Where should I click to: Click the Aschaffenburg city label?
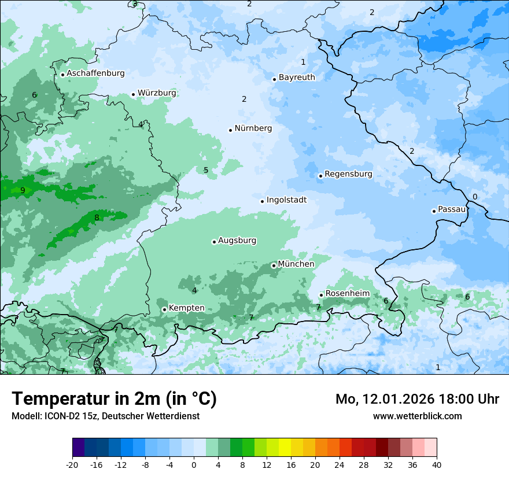[95, 73]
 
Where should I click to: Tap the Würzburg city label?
[157, 93]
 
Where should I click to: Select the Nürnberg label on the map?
[253, 128]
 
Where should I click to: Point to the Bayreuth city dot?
[274, 79]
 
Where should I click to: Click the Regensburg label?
[348, 174]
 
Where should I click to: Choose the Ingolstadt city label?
[286, 200]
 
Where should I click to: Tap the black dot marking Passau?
[434, 211]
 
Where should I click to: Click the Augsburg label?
[237, 241]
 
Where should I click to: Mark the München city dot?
[274, 265]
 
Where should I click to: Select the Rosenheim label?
[347, 294]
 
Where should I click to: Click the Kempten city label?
[186, 308]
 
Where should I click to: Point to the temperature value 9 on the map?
[23, 190]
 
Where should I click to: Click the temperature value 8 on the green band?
[97, 218]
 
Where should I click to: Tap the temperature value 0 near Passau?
[475, 197]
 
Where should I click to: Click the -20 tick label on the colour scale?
[72, 465]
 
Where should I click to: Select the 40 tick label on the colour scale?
[436, 465]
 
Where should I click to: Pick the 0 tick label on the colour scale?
[194, 465]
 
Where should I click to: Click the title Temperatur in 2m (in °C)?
[114, 399]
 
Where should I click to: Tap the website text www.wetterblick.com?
[417, 416]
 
